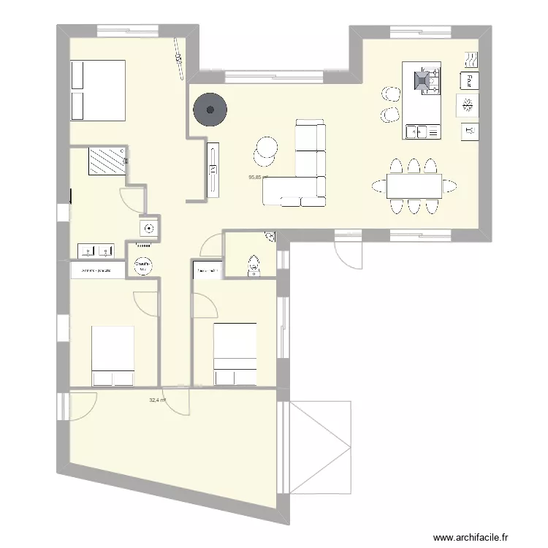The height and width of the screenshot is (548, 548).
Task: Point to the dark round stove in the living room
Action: click(210, 110)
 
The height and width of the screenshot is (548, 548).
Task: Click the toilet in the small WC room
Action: click(254, 266)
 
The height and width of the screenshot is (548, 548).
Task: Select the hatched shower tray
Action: click(106, 161)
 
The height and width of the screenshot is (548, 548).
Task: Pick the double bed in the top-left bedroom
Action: click(96, 91)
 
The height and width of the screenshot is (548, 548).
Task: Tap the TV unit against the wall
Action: click(213, 172)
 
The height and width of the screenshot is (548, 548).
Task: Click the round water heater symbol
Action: click(144, 265)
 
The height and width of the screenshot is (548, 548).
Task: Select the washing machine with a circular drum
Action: click(150, 227)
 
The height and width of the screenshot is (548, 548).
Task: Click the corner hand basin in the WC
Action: click(270, 237)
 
